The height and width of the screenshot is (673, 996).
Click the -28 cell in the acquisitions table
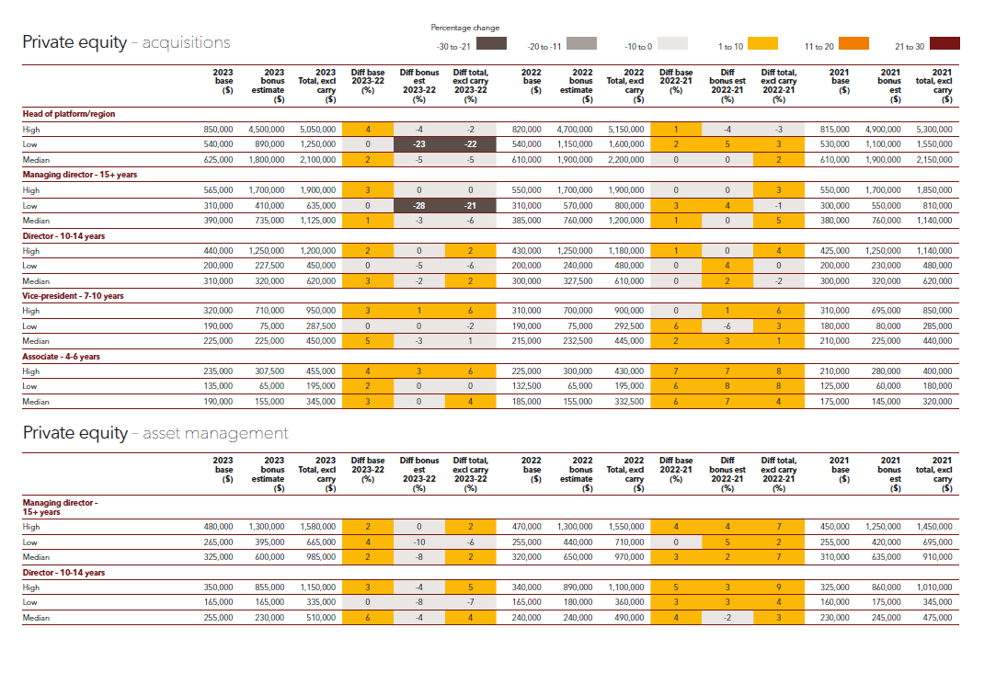[418, 206]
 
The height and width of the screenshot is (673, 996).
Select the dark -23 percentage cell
[418, 144]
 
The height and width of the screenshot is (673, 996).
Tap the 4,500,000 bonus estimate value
[267, 130]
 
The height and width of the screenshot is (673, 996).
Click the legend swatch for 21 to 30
[944, 43]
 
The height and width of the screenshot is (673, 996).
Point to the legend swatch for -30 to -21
[492, 43]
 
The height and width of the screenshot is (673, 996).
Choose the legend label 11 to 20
[819, 47]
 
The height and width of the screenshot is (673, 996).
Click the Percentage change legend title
[466, 28]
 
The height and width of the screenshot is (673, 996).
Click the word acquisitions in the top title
[187, 42]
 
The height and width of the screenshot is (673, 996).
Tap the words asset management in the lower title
[215, 433]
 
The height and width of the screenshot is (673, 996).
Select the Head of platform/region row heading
[69, 114]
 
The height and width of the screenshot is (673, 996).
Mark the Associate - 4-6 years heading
[62, 357]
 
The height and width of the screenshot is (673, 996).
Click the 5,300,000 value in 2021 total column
[934, 130]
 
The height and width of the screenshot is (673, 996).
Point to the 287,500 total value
[317, 326]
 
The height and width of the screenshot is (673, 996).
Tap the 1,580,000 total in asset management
[317, 527]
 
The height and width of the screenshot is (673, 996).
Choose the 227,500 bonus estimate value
[267, 267]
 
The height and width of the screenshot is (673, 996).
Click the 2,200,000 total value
[625, 160]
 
